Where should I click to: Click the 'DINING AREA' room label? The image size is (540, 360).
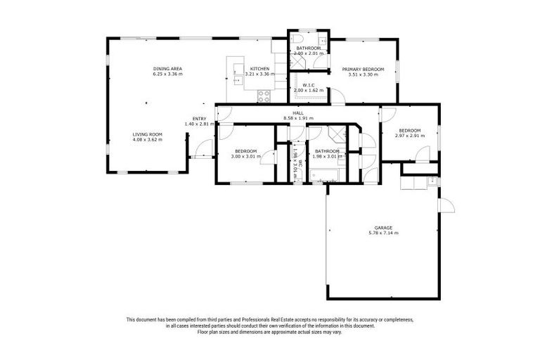coord(167,68)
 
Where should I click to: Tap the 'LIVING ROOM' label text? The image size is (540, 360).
coord(147,134)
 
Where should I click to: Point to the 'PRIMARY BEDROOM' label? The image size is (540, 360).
coord(363,69)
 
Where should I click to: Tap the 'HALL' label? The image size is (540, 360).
coord(298,112)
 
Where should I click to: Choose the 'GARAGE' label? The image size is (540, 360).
coord(382,227)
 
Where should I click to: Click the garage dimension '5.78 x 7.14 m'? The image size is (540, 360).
coord(382,233)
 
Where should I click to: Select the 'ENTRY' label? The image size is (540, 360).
coord(199,118)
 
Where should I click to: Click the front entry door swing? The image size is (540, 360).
coord(203,148)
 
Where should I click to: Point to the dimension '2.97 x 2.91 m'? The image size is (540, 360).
coord(409,136)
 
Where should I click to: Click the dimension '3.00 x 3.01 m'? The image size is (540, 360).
coord(245,156)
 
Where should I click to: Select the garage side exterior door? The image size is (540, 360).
coord(445,206)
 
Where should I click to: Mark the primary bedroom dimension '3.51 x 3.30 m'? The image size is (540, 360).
coord(363,75)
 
